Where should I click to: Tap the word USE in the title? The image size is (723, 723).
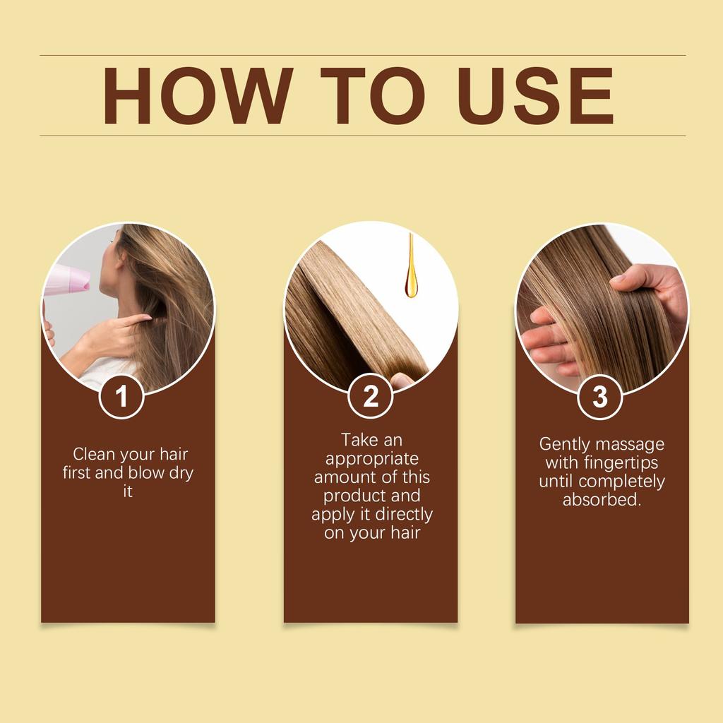(x=537, y=97)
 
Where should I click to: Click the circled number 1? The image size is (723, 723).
(x=121, y=396)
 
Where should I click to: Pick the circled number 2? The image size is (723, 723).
(x=371, y=396)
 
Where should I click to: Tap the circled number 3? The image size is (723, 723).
(x=600, y=396)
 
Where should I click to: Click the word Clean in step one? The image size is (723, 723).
(x=95, y=454)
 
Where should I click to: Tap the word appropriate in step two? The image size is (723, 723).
(x=372, y=458)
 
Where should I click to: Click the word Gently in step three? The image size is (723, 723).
(x=564, y=444)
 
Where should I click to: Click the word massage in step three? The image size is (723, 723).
(x=628, y=444)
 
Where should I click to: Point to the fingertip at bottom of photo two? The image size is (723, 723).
(x=402, y=381)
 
